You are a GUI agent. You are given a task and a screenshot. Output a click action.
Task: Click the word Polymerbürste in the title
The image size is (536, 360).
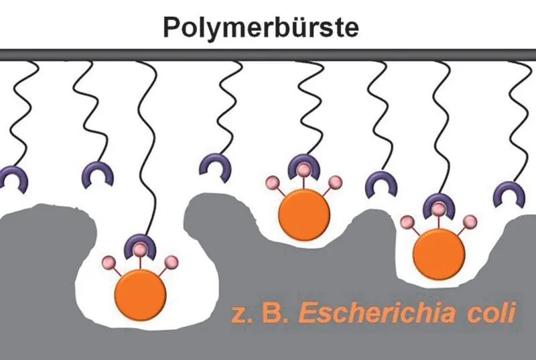coord(261,27)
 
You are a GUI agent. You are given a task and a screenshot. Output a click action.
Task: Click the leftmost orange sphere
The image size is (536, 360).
coord(141,295)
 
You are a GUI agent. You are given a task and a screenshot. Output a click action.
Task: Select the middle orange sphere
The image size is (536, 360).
coord(304,215)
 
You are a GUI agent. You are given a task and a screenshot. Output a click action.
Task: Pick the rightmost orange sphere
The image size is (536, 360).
coord(439,254)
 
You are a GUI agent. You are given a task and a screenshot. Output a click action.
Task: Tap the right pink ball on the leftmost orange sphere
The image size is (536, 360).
coord(171,262)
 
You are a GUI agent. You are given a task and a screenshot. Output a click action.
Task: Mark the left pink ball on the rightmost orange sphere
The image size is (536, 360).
coord(407,222)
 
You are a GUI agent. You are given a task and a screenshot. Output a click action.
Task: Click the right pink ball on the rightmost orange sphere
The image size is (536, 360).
coord(470,221)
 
